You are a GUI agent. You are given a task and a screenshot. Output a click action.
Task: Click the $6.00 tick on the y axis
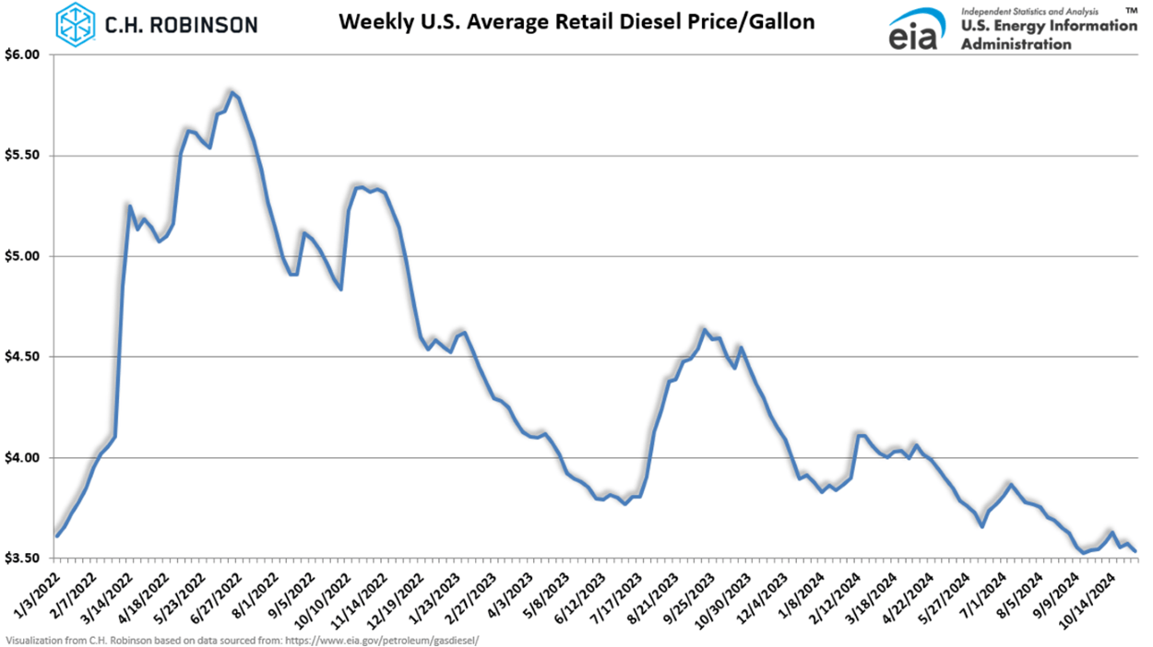pos(25,54)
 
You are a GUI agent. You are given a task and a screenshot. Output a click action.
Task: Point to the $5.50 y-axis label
pos(25,156)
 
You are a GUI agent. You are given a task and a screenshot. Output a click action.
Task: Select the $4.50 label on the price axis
pos(25,357)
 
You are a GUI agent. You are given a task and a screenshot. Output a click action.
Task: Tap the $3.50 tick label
pos(25,559)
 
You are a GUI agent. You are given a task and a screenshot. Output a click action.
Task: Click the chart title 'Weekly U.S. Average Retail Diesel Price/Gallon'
pos(576,20)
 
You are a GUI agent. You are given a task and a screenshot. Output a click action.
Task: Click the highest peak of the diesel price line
pos(232,91)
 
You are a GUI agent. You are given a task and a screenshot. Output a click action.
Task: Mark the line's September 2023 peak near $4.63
pos(704,329)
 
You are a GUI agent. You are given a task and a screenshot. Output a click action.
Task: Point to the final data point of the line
pos(1136,551)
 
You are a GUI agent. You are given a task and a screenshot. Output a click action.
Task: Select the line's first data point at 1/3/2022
pos(57,535)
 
